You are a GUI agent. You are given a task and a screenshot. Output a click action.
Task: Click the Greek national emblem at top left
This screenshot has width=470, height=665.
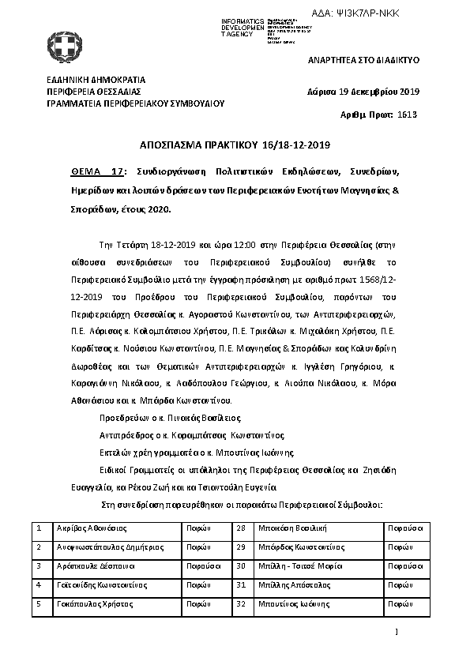click(x=60, y=45)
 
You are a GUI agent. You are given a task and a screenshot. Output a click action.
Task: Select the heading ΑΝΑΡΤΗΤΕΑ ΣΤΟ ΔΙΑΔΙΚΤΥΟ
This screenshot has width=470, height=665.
click(x=363, y=60)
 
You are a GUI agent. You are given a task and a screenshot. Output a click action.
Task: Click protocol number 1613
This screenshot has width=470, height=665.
click(x=406, y=115)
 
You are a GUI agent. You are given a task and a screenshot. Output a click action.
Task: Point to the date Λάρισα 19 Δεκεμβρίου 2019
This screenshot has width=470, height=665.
click(x=363, y=91)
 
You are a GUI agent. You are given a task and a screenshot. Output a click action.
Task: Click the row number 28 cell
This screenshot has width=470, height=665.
click(x=242, y=528)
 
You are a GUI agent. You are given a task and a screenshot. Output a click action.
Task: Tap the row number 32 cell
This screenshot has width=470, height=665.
click(x=242, y=604)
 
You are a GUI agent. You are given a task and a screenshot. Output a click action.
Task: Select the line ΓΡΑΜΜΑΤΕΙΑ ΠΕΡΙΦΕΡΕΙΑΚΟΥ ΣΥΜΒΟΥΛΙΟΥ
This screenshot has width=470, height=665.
click(x=136, y=103)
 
